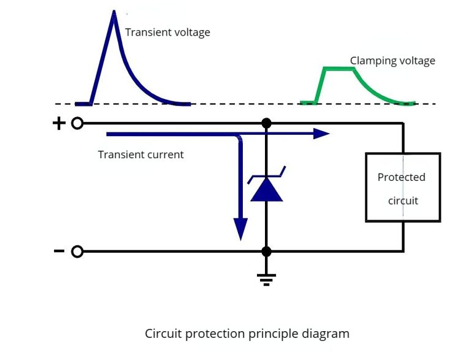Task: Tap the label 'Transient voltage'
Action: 167,33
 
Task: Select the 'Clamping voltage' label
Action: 392,61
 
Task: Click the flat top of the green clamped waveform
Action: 339,70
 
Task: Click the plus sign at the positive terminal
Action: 59,124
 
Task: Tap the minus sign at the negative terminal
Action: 59,251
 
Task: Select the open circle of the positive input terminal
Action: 77,124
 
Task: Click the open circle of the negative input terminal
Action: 77,251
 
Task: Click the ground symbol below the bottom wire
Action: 266,279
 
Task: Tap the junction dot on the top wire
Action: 266,123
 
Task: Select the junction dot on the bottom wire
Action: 266,251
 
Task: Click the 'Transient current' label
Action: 140,155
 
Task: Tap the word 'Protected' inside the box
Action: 401,177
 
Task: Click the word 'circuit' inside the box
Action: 403,200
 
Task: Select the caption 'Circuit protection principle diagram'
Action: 247,334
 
